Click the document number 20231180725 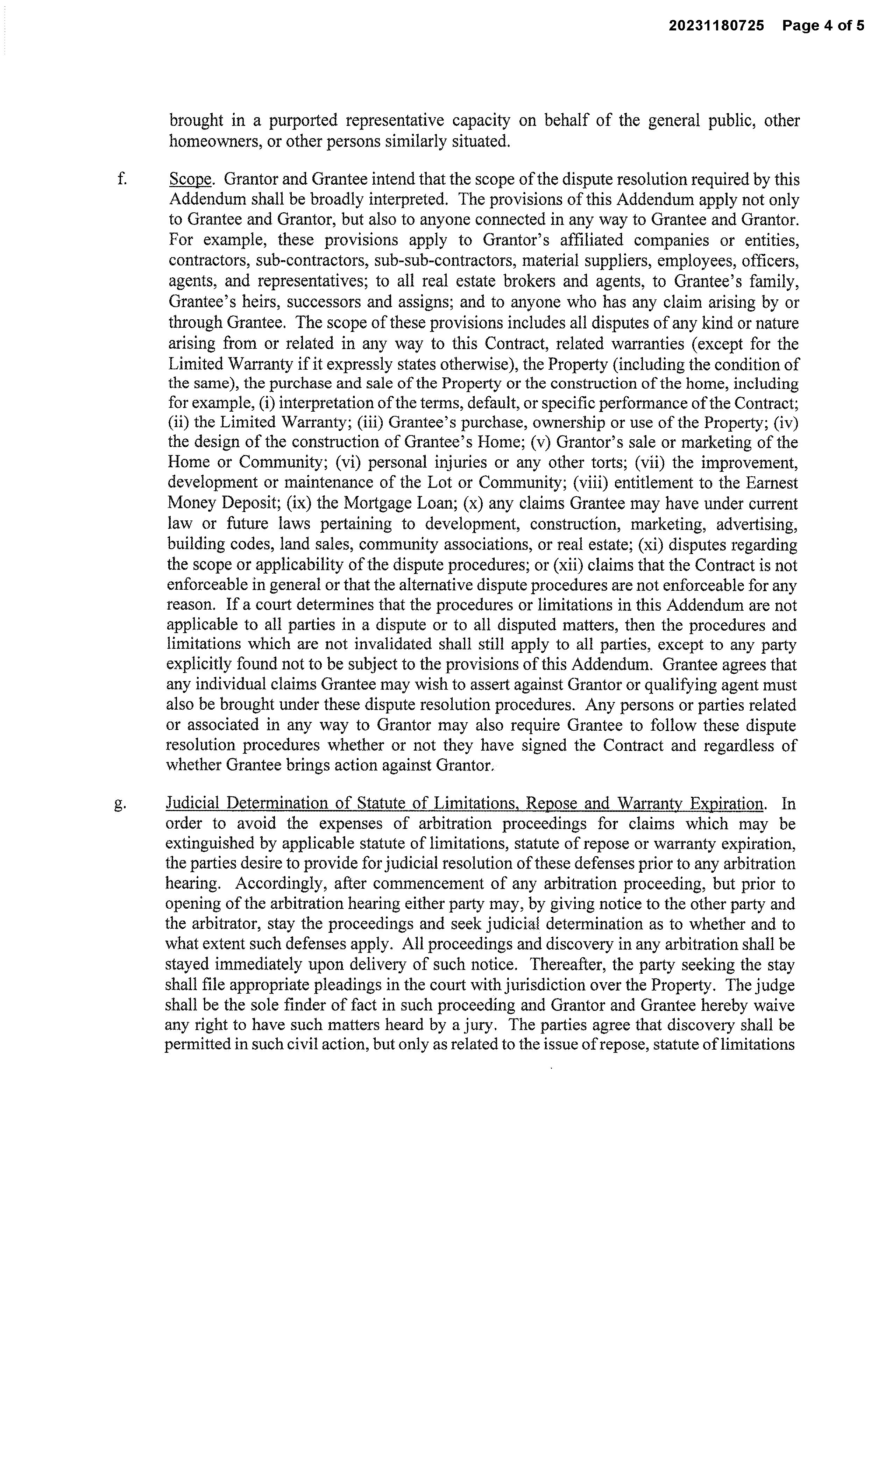(x=715, y=26)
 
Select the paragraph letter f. (x=122, y=179)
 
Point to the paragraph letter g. (x=120, y=804)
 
